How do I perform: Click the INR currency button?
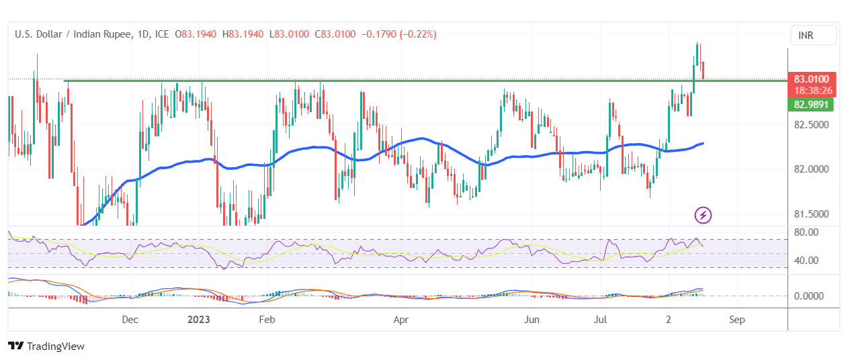pyautogui.click(x=813, y=35)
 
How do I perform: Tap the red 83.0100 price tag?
pyautogui.click(x=812, y=79)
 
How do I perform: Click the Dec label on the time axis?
pyautogui.click(x=131, y=320)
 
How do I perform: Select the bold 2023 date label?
pyautogui.click(x=199, y=320)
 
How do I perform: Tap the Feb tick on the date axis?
pyautogui.click(x=267, y=320)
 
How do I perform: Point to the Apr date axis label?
pyautogui.click(x=400, y=320)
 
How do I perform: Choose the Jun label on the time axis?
pyautogui.click(x=532, y=320)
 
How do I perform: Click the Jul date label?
pyautogui.click(x=601, y=320)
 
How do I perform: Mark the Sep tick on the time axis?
pyautogui.click(x=737, y=320)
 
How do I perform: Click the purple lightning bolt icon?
pyautogui.click(x=703, y=215)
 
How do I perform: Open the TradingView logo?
pyautogui.click(x=46, y=346)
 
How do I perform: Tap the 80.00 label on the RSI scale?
pyautogui.click(x=805, y=232)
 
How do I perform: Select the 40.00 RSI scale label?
pyautogui.click(x=805, y=260)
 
